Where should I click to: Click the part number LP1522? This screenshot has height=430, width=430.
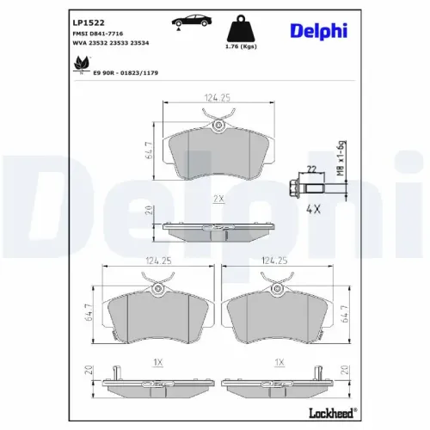tap(89, 22)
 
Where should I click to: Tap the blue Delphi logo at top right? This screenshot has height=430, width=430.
tap(319, 31)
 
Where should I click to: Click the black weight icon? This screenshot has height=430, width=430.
tap(241, 29)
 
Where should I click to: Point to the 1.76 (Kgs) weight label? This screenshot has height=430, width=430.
tap(241, 46)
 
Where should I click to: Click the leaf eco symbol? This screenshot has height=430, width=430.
tap(82, 64)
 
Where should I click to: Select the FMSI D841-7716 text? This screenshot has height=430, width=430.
tap(98, 34)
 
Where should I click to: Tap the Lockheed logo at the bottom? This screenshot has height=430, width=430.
tap(333, 413)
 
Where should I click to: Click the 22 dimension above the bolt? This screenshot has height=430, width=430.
tap(311, 169)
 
